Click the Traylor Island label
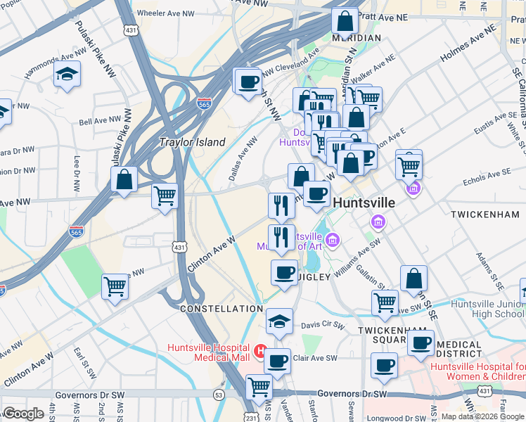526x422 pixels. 193,142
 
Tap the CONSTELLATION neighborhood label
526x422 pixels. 221,309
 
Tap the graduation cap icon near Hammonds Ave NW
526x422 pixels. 68,75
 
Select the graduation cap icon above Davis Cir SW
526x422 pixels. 279,321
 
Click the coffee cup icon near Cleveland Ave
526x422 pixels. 248,82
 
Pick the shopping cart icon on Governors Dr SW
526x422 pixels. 259,386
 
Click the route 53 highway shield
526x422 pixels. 219,395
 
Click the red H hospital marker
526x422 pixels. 259,350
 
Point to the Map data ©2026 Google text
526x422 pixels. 482,416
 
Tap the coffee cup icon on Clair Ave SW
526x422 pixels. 277,362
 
